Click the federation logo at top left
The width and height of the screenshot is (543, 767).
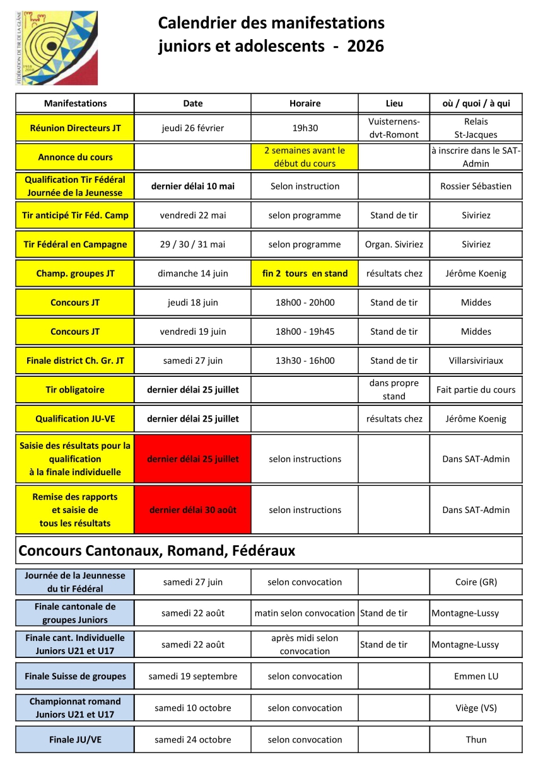tap(56, 48)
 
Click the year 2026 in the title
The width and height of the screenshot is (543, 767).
tap(365, 46)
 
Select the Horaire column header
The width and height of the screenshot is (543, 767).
tap(305, 103)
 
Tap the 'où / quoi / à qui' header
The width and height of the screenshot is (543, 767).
tap(476, 103)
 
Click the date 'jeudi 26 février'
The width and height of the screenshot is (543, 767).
tap(192, 128)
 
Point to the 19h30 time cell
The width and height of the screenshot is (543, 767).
tap(305, 128)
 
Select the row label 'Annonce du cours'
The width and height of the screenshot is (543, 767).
tap(75, 157)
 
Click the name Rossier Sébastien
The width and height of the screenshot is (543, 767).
tap(476, 186)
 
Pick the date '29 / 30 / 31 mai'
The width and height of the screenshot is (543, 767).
tap(192, 245)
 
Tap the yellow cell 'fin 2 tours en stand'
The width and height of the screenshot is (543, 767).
tap(305, 274)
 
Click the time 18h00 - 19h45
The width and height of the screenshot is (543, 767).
tap(305, 332)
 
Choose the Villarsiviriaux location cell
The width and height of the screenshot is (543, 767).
tap(476, 361)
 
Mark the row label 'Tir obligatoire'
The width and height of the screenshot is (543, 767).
tap(75, 390)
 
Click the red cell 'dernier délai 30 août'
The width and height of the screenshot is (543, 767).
tap(192, 510)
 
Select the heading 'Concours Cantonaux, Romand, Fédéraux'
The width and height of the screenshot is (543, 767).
tap(157, 551)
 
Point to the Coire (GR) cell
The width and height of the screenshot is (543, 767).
tap(476, 582)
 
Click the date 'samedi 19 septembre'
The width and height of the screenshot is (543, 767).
tap(192, 676)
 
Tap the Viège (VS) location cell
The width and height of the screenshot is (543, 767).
tap(476, 708)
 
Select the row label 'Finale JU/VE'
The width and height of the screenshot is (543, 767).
tap(75, 740)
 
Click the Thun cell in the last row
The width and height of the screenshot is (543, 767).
tap(476, 740)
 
